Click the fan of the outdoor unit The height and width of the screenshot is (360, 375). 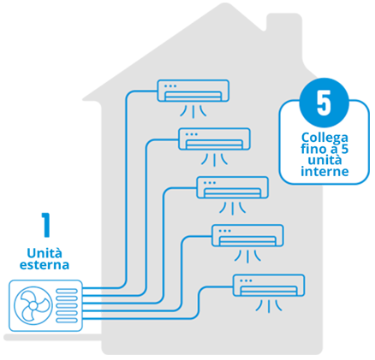33,305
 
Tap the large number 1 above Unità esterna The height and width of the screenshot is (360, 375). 46,225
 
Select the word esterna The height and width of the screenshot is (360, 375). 45,265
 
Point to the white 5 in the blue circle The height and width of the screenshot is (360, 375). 324,103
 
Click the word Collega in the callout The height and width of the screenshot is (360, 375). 324,138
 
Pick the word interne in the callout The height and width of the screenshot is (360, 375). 324,172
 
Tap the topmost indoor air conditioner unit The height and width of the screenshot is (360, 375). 193,91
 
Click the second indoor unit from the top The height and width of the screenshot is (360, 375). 214,139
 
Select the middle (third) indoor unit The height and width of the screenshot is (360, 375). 233,187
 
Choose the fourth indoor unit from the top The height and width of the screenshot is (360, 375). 247,235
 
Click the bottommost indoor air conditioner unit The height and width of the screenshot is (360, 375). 269,285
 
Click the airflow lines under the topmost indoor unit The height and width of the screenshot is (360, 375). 193,111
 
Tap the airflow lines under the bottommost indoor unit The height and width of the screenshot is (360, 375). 269,305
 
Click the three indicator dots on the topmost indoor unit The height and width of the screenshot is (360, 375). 170,86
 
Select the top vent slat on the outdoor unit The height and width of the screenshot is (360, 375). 67,291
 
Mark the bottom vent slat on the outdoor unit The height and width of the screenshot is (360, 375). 67,321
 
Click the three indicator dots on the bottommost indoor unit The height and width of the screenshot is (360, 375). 246,280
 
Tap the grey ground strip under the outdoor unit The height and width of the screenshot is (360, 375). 52,337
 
